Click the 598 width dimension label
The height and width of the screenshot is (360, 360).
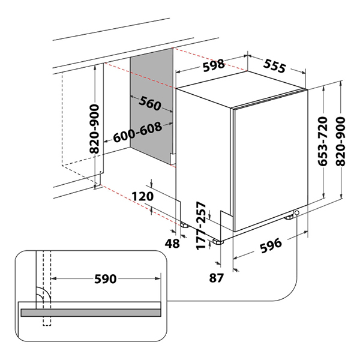[213, 64]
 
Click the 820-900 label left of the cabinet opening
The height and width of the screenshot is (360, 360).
[94, 128]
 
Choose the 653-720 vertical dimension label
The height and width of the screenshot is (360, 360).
[322, 143]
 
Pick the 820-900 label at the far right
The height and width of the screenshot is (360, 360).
[340, 143]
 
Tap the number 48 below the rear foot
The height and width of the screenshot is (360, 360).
[172, 243]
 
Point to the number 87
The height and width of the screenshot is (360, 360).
[217, 277]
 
